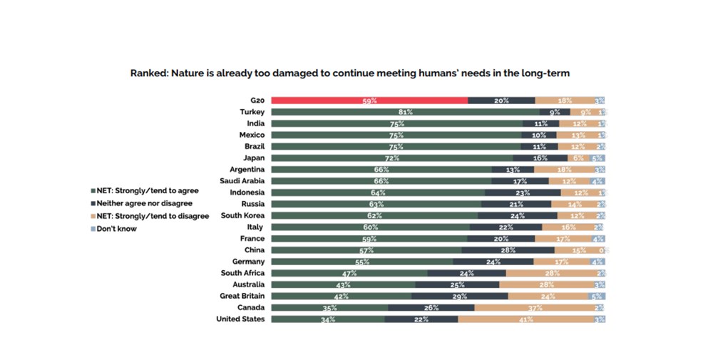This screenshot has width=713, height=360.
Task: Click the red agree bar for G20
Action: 369,101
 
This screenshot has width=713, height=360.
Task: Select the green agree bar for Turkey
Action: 405,112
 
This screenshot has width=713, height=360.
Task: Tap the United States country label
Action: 240,319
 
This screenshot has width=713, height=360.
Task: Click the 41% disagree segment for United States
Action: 525,319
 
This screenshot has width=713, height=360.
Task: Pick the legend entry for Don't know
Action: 116,229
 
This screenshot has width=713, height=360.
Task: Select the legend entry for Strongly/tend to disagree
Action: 149,216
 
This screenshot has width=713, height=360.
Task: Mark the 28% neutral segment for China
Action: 508,250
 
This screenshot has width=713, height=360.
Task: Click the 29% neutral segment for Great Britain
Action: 460,296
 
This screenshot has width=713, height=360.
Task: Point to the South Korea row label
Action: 242,215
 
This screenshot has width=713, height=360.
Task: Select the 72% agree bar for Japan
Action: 391,158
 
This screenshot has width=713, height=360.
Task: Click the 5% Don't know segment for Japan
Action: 597,158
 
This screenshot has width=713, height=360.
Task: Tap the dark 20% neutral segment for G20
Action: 501,101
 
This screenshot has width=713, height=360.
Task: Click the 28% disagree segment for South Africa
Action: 551,273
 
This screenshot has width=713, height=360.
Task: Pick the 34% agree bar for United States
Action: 328,319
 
